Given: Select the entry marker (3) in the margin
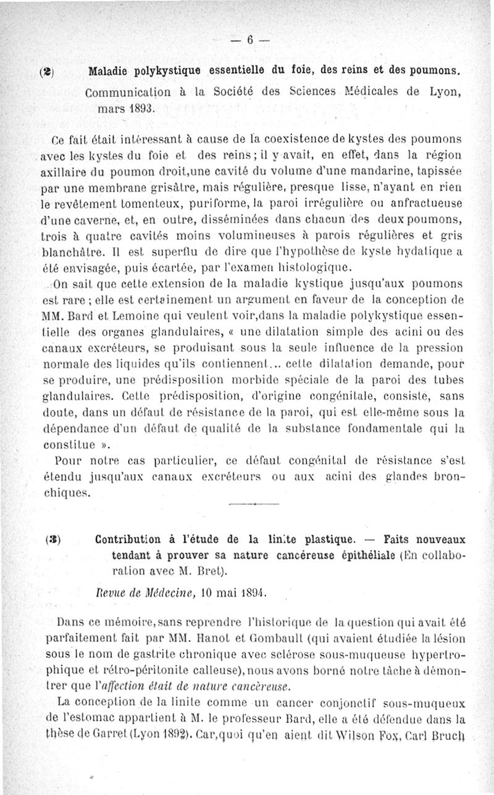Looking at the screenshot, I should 53,537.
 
